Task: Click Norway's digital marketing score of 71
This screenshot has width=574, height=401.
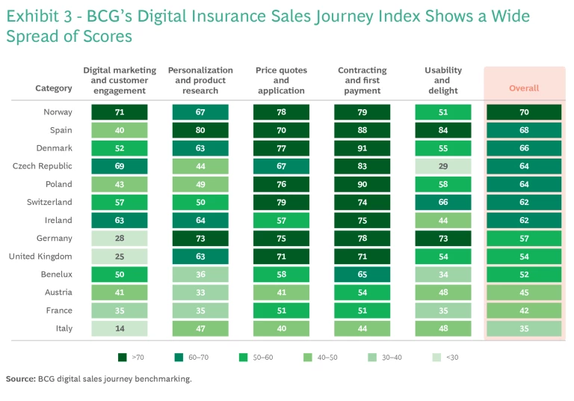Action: point(120,112)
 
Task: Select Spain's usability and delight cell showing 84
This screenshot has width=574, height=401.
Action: point(443,130)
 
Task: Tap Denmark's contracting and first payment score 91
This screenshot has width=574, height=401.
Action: point(362,148)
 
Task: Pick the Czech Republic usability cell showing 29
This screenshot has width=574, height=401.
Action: point(443,166)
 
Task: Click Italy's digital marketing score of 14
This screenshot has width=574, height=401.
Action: point(120,328)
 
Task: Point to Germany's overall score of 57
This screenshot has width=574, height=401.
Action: point(524,239)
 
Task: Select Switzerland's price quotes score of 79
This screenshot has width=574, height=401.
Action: point(281,202)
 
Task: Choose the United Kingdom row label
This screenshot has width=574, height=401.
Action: point(42,257)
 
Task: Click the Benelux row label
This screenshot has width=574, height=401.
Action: point(56,275)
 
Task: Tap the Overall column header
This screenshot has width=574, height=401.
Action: point(524,88)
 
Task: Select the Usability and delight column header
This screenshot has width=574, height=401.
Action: point(443,81)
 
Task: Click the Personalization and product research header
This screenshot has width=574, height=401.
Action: point(200,81)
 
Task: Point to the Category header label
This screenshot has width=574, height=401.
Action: point(54,88)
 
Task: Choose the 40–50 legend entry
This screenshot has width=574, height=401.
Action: point(325,358)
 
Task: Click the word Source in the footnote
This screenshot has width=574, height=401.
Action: point(20,379)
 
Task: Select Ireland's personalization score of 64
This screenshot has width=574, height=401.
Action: point(200,221)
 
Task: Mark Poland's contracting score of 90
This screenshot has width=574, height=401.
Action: point(362,184)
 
